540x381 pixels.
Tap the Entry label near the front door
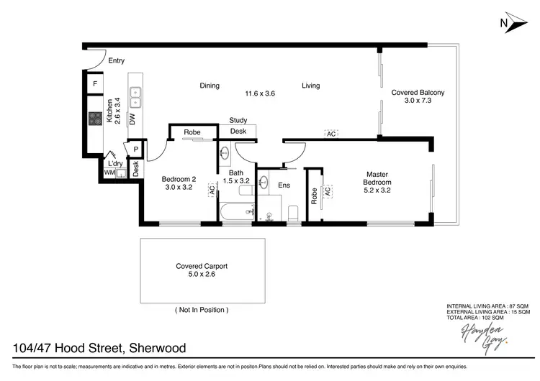coord(117,61)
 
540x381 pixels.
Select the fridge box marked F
coord(94,85)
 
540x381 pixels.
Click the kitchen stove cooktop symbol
coord(95,119)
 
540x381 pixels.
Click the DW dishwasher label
coord(132,119)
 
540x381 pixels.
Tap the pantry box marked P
coord(135,150)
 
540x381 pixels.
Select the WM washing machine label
coord(109,173)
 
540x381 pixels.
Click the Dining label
coord(210,86)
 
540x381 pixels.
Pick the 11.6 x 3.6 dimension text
coord(260,93)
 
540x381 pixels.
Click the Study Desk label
coord(238,126)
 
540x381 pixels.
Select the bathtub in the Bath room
coord(237,211)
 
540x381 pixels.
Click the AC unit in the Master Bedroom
coord(328,191)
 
